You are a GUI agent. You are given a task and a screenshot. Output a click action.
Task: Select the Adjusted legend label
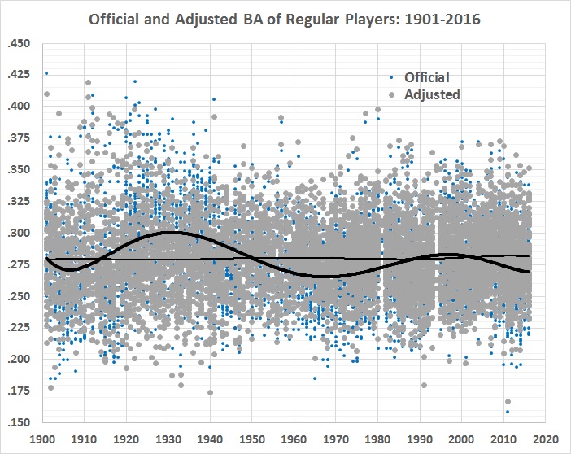429,94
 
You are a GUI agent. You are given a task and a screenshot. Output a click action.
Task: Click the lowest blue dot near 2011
508,412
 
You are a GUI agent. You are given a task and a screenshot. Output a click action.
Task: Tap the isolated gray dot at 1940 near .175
211,393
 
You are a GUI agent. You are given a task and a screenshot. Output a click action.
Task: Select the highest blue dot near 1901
46,74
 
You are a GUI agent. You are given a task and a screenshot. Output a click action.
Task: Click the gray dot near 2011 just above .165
508,402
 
